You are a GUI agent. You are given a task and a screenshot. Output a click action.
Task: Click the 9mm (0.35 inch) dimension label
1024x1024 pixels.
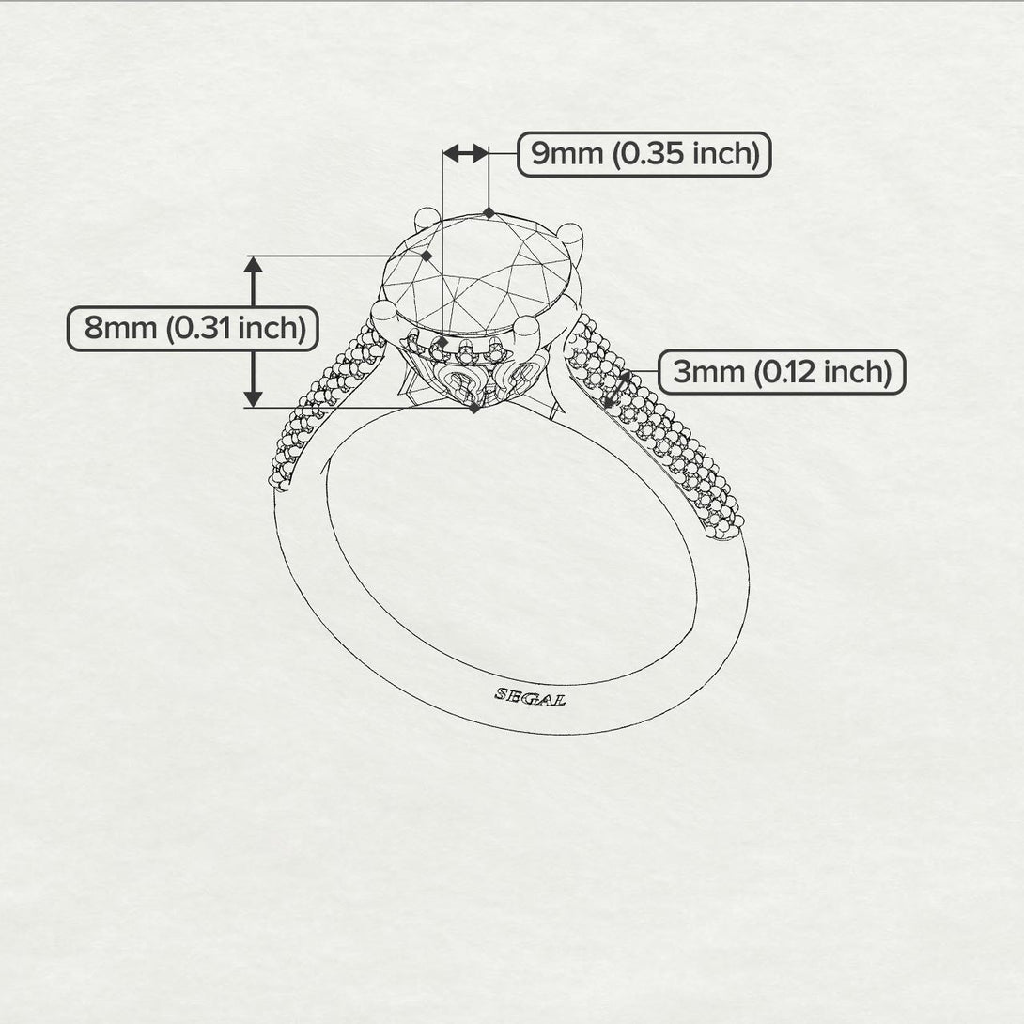point(644,154)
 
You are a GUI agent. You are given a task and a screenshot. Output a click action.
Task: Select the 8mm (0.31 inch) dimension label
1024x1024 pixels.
point(194,329)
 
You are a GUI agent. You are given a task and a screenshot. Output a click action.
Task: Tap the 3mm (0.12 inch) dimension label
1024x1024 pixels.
point(782,372)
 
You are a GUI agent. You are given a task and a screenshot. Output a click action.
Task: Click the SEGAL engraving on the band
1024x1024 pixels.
point(530,697)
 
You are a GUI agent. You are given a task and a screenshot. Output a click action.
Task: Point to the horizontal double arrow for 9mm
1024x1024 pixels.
point(466,153)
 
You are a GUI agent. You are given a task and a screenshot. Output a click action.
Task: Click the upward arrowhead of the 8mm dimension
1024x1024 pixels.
point(254,265)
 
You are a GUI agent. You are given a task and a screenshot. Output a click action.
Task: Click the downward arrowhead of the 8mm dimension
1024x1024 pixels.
point(254,399)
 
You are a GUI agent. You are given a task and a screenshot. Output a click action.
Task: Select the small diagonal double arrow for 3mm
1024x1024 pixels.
point(617,390)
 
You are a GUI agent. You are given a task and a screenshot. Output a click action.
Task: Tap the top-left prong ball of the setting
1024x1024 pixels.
point(427,218)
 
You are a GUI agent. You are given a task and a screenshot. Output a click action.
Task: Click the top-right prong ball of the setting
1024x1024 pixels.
point(570,234)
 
